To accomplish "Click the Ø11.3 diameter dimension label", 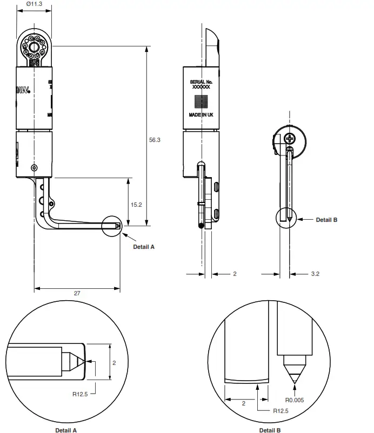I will [34, 4].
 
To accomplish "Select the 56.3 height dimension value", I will [155, 140].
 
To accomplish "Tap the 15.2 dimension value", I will [136, 205].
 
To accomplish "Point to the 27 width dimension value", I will [77, 293].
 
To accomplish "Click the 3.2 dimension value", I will [316, 274].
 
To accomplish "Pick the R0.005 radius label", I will [295, 400].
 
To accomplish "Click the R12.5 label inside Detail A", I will [81, 394].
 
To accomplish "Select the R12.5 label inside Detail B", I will [280, 411].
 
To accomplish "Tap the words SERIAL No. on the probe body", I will [202, 82].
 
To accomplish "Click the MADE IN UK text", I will [201, 115].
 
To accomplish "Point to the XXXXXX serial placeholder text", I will [201, 87].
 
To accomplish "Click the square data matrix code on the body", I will [201, 101].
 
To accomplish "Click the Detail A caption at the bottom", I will [66, 430].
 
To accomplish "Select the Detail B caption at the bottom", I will [270, 430].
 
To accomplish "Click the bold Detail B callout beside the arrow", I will [326, 220].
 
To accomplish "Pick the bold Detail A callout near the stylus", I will [144, 246].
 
